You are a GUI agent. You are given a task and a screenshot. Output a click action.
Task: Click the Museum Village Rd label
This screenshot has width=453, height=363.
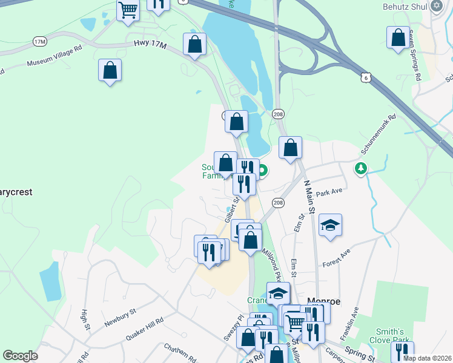55,59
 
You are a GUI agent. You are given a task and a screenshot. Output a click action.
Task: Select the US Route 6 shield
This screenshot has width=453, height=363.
364,77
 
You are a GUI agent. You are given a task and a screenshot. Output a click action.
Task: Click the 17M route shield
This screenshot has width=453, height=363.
40,41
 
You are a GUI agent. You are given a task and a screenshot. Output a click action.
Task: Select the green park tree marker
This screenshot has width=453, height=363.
361,168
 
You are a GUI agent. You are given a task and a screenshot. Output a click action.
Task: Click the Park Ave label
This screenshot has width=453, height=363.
329,191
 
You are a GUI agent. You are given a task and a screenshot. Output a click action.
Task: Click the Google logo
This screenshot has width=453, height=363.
21,356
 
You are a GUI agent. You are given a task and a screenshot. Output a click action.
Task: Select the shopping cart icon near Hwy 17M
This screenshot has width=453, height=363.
128,10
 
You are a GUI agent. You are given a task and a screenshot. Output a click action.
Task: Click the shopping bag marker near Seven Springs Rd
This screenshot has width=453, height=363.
398,38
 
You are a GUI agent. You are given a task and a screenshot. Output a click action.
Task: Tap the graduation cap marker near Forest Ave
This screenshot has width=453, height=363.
330,225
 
